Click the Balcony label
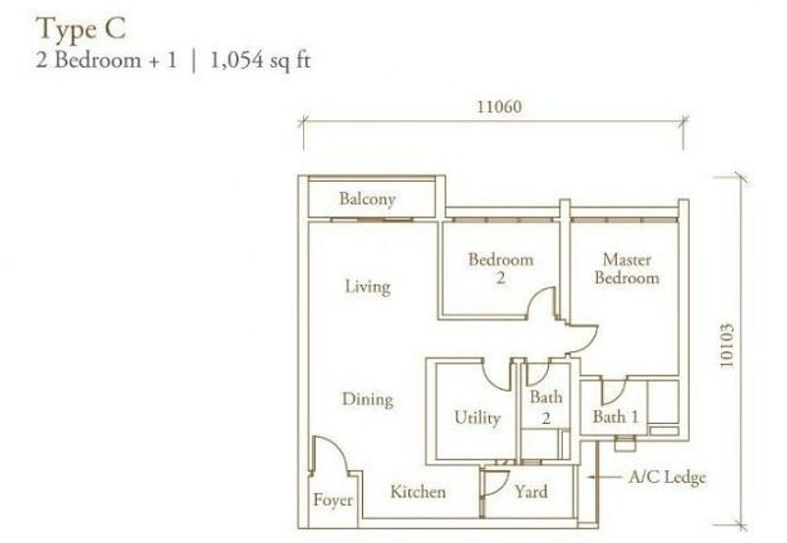pos(367,199)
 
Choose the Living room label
pos(367,286)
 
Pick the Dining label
pos(367,399)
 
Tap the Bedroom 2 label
pos(500,269)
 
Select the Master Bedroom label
pos(629,269)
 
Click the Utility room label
pos(476,417)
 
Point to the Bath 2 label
pos(546,407)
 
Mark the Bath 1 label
pos(615,417)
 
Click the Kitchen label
pos(417,491)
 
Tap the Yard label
pos(531,491)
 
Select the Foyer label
pos(333,501)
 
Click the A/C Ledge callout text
pos(668,478)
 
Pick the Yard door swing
pos(497,481)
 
